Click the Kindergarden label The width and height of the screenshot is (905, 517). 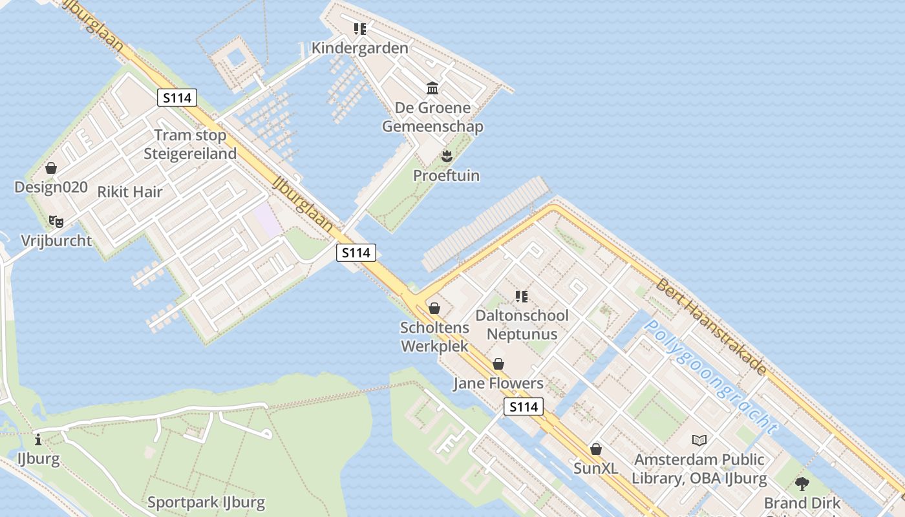[x=359, y=48]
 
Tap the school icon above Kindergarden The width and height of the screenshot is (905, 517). [x=359, y=28]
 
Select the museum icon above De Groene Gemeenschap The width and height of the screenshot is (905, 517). [x=432, y=88]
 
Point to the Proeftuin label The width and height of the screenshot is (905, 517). [x=446, y=176]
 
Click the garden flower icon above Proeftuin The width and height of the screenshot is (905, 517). [x=446, y=156]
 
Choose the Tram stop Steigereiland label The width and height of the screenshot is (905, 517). [x=190, y=145]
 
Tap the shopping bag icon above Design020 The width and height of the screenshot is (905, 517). [x=51, y=168]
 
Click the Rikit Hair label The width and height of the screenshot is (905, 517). [x=129, y=192]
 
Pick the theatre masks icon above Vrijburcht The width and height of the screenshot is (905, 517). [x=56, y=222]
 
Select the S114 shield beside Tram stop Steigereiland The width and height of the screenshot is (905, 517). [x=177, y=98]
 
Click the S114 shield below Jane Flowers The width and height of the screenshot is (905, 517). [x=523, y=407]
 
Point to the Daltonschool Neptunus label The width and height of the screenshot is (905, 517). [x=522, y=325]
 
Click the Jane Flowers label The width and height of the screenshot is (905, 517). [x=498, y=384]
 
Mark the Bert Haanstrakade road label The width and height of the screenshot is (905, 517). [x=711, y=326]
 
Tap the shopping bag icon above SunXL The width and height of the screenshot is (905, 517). [x=595, y=448]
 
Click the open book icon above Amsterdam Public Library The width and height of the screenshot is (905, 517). [x=699, y=440]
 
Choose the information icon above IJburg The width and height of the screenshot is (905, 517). [x=38, y=440]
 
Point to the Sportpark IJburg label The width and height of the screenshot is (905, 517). [x=206, y=503]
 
